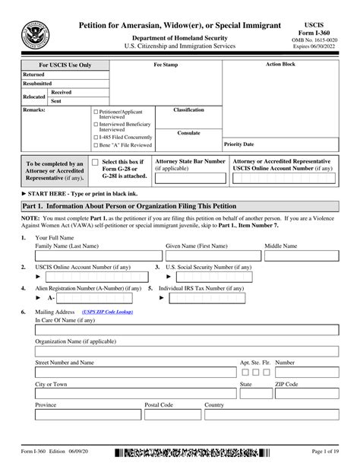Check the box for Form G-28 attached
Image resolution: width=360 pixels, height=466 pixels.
click(95, 163)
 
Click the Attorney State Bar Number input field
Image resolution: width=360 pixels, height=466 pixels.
click(190, 178)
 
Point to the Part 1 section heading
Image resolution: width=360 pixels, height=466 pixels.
click(129, 207)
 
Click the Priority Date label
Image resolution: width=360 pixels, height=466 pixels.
click(239, 144)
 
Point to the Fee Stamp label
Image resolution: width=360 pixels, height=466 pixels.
click(166, 65)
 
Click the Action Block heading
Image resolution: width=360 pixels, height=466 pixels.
click(281, 65)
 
